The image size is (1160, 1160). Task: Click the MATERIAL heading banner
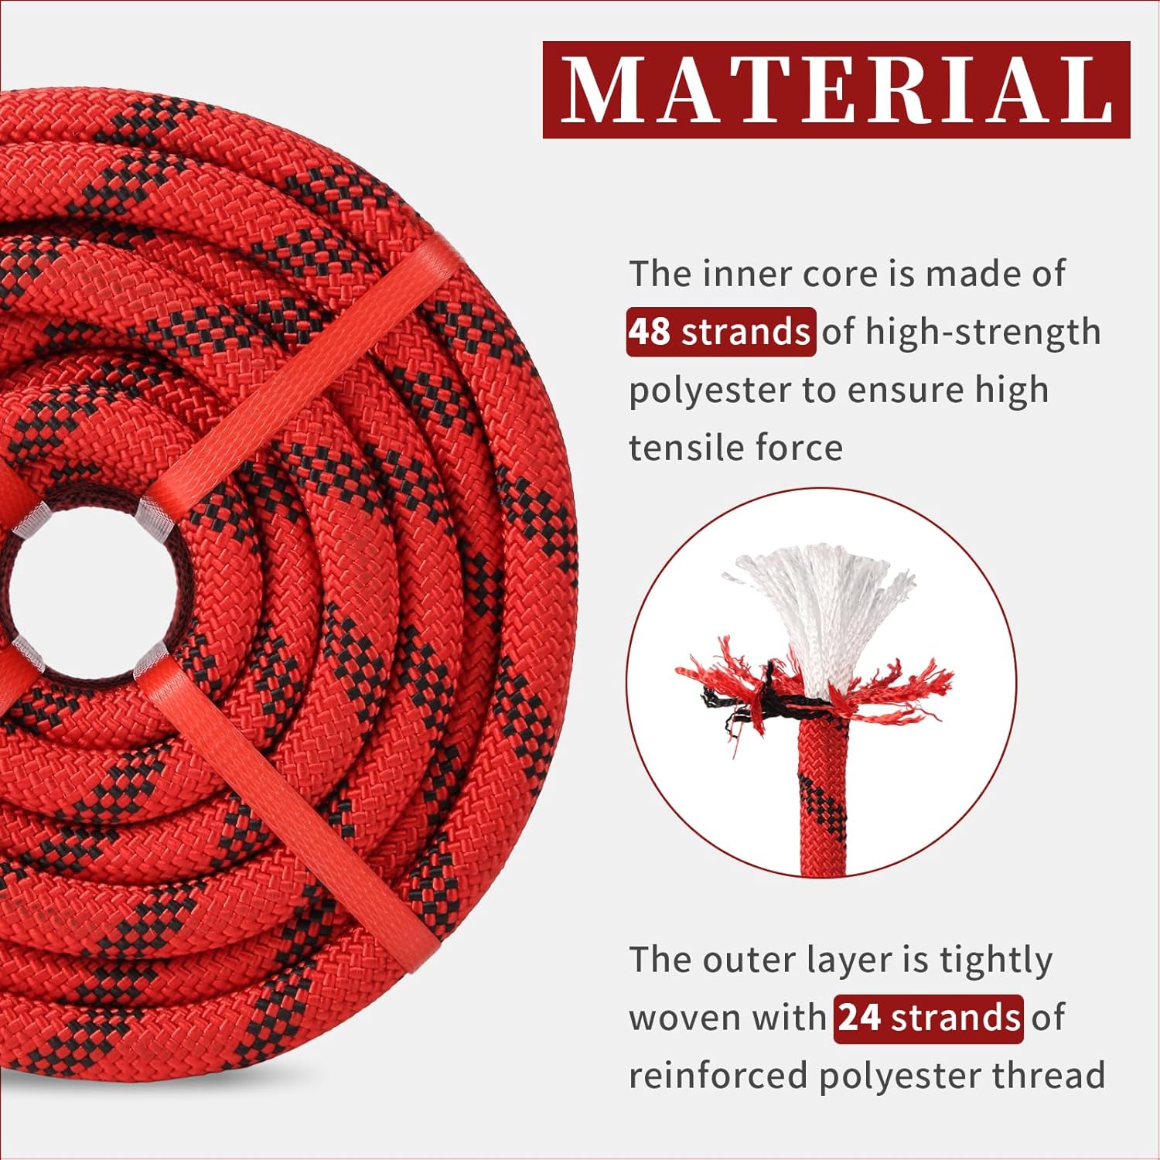(836, 90)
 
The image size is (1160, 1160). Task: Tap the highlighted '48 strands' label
(721, 332)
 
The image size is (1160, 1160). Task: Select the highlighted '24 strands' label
(929, 1018)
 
